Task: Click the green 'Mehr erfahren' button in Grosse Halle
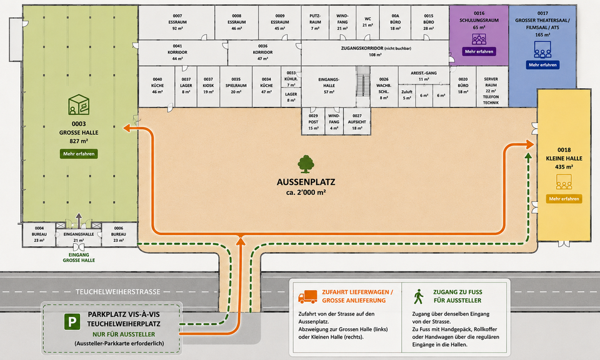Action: (x=79, y=154)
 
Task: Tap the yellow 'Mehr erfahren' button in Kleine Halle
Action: (x=564, y=199)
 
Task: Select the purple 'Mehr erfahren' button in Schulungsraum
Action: (x=479, y=51)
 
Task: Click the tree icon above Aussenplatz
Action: (x=306, y=164)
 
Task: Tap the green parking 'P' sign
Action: (x=72, y=322)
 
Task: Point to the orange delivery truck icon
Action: (x=307, y=296)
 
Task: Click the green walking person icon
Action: (x=418, y=296)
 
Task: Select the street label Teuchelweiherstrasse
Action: (x=118, y=292)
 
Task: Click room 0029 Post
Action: (x=313, y=121)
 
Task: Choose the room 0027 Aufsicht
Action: (x=357, y=121)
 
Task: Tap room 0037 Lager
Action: (x=186, y=87)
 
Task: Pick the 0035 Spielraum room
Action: (x=236, y=87)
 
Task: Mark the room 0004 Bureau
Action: (x=39, y=234)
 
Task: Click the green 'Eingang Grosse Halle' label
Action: (x=79, y=257)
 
